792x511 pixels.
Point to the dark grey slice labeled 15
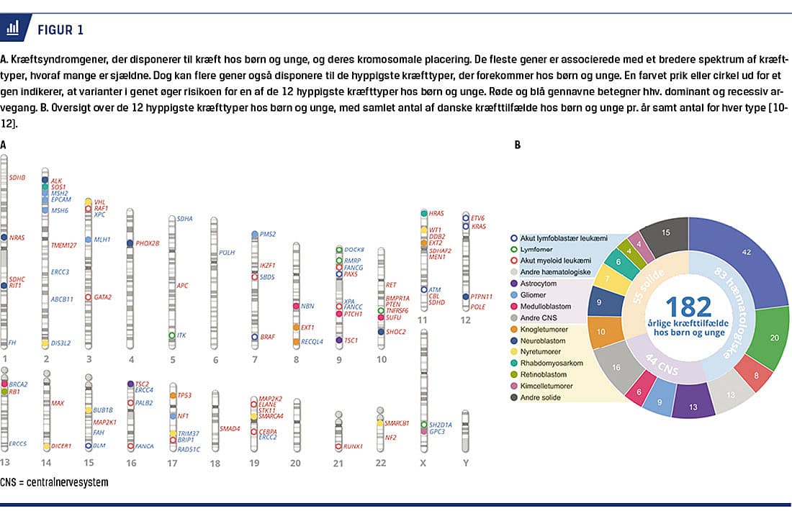click(x=665, y=232)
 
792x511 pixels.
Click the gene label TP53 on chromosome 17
click(x=185, y=395)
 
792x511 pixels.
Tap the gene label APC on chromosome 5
click(x=182, y=286)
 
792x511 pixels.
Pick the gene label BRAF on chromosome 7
click(x=268, y=336)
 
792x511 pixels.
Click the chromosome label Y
click(x=466, y=463)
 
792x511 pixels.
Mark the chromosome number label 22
click(x=382, y=463)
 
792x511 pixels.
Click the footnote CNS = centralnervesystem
click(x=55, y=482)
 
